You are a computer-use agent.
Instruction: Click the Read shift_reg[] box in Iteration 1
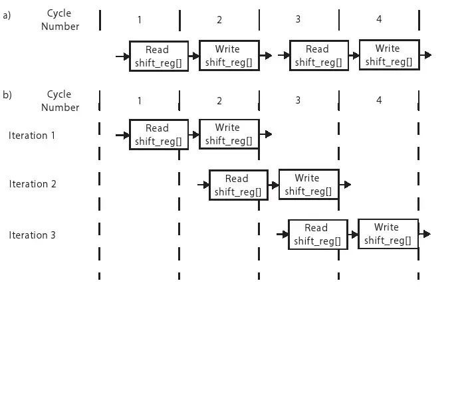[159, 134]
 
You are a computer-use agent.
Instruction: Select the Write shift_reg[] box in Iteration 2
[308, 184]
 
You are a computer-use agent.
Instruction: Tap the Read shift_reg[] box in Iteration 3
[318, 234]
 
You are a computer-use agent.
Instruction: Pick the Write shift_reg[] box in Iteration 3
[388, 233]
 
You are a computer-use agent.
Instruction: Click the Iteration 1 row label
[32, 136]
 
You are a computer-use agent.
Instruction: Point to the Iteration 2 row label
[33, 184]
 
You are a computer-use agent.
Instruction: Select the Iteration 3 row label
[32, 235]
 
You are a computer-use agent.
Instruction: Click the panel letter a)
[7, 15]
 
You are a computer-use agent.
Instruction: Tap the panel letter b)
[7, 95]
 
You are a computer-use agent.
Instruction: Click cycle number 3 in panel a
[298, 19]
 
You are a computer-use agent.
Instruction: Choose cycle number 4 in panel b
[379, 100]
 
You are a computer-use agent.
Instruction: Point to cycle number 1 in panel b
[140, 100]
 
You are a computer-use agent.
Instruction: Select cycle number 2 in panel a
[219, 20]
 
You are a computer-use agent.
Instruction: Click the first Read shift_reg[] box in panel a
[159, 56]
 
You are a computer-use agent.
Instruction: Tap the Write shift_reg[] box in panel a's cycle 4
[389, 55]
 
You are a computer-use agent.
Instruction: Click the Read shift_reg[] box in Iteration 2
[238, 185]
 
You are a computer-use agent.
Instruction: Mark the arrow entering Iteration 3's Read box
[283, 234]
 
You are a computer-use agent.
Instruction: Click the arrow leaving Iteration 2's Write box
[345, 184]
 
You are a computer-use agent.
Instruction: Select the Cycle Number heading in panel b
[60, 100]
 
